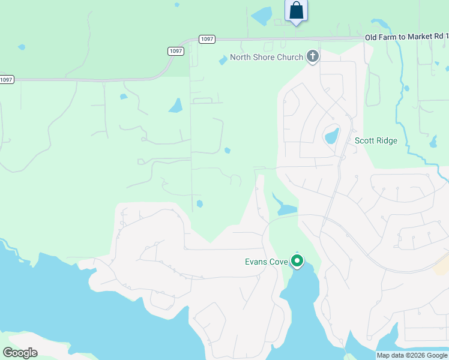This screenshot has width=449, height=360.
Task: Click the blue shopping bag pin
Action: (296, 11)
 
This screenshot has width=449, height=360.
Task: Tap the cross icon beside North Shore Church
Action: (312, 57)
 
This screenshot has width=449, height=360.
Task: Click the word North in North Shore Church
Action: (241, 58)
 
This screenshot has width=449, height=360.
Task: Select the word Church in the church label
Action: (290, 58)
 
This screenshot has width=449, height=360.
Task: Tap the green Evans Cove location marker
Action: (297, 261)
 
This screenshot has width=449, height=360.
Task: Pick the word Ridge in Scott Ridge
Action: (387, 141)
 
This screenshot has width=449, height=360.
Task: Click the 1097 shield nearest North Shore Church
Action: (206, 39)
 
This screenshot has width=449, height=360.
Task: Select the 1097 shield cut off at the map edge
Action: (6, 80)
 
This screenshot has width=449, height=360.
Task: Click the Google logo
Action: (20, 353)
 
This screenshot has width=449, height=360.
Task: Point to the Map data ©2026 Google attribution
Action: (412, 355)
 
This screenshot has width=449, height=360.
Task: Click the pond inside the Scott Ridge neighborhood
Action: (332, 136)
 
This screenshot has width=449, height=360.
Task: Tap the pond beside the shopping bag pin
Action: (262, 16)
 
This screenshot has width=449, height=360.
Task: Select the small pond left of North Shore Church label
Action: (223, 61)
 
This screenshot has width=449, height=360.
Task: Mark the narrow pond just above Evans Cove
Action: (285, 208)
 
